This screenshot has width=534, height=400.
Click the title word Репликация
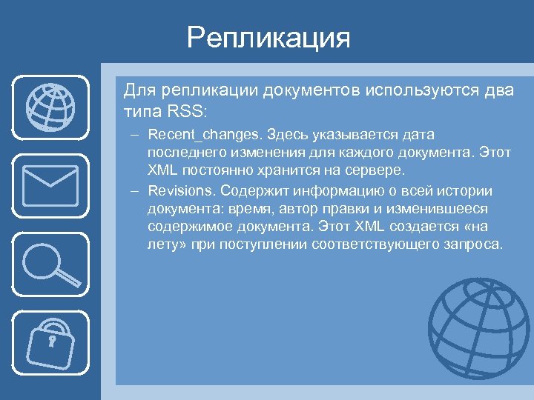[x=268, y=37]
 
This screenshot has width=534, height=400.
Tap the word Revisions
[x=178, y=191]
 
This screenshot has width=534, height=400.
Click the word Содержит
[x=253, y=191]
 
